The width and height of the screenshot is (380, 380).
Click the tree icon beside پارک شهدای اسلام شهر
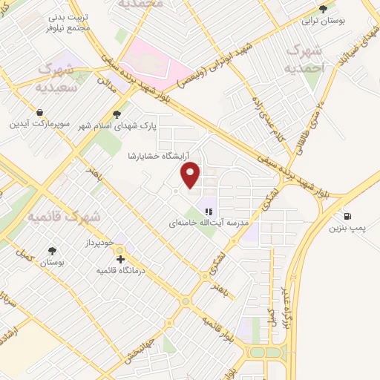pyautogui.click(x=116, y=114)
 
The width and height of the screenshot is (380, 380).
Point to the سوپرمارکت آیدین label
pyautogui.click(x=39, y=124)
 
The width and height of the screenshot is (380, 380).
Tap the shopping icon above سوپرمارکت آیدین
pyautogui.click(x=39, y=112)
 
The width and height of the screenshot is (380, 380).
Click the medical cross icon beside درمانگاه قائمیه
pyautogui.click(x=120, y=260)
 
